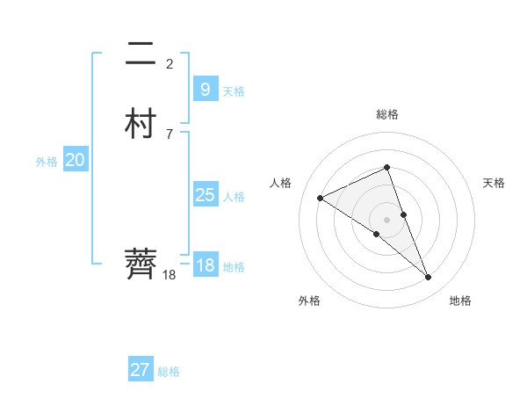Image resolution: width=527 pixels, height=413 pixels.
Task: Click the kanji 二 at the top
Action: (141, 55)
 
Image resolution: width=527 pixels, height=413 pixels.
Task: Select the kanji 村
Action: (141, 124)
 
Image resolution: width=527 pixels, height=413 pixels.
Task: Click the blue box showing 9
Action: (205, 90)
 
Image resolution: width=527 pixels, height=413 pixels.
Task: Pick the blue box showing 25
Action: (205, 195)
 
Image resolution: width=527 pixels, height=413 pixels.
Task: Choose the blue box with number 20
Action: (75, 160)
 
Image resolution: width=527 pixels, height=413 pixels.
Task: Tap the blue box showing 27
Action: (140, 370)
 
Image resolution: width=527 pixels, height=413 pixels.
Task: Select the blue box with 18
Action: (205, 265)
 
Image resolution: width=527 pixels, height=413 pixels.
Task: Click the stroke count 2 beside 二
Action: (170, 63)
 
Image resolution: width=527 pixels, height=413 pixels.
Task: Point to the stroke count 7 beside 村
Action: (170, 134)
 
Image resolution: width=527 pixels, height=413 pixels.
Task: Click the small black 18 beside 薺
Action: (170, 275)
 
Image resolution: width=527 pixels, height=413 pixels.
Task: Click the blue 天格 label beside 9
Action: (234, 91)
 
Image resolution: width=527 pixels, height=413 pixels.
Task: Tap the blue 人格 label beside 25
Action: (234, 197)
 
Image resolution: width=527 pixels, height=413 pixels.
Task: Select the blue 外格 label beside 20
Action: (47, 162)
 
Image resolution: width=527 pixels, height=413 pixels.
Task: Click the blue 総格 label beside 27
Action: (169, 372)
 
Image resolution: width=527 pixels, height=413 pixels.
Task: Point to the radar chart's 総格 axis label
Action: (387, 114)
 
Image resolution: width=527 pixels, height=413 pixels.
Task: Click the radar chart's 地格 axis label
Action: (460, 301)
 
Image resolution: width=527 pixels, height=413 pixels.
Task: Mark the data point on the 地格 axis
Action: (429, 278)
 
